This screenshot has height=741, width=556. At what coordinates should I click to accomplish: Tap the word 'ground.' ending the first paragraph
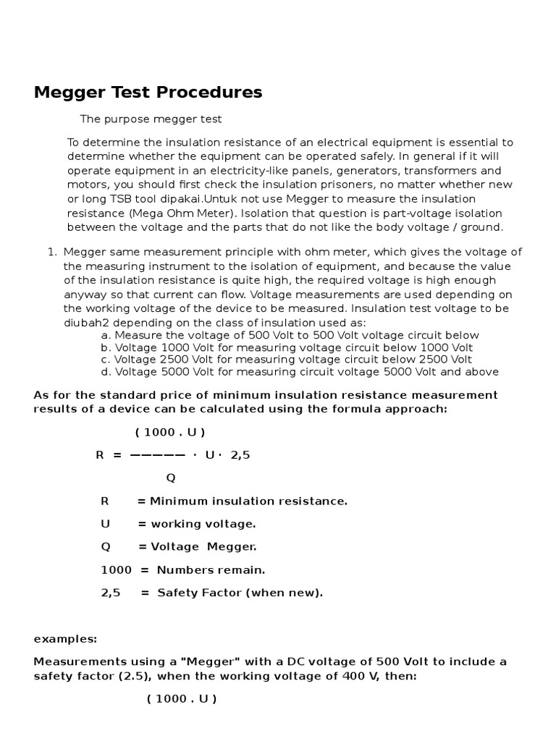481,226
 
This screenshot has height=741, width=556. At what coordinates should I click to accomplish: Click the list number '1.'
51,252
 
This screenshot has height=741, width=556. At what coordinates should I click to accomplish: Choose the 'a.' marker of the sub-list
106,335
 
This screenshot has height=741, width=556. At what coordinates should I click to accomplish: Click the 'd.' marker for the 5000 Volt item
106,372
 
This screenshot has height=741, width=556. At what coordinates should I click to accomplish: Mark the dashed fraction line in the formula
156,456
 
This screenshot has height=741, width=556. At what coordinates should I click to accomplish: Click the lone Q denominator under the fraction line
171,478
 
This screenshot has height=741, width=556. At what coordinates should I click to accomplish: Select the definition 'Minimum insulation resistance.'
248,501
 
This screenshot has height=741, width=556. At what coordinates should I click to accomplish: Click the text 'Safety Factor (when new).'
240,593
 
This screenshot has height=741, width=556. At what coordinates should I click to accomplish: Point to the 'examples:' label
65,639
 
